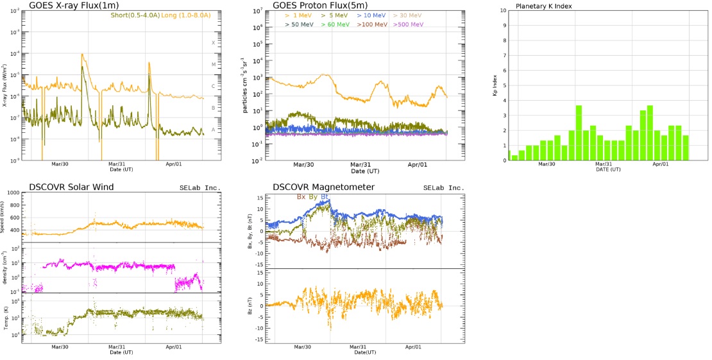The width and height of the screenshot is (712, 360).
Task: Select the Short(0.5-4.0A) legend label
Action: [134, 15]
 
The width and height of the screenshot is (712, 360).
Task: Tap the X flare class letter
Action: [214, 43]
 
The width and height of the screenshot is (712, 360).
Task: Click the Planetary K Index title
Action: [544, 6]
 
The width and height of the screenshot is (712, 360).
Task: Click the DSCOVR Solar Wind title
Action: [72, 187]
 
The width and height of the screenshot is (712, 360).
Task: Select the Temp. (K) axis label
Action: [6, 318]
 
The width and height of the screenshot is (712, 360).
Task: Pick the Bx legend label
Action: [301, 196]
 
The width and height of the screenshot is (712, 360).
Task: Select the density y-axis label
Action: [6, 268]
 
